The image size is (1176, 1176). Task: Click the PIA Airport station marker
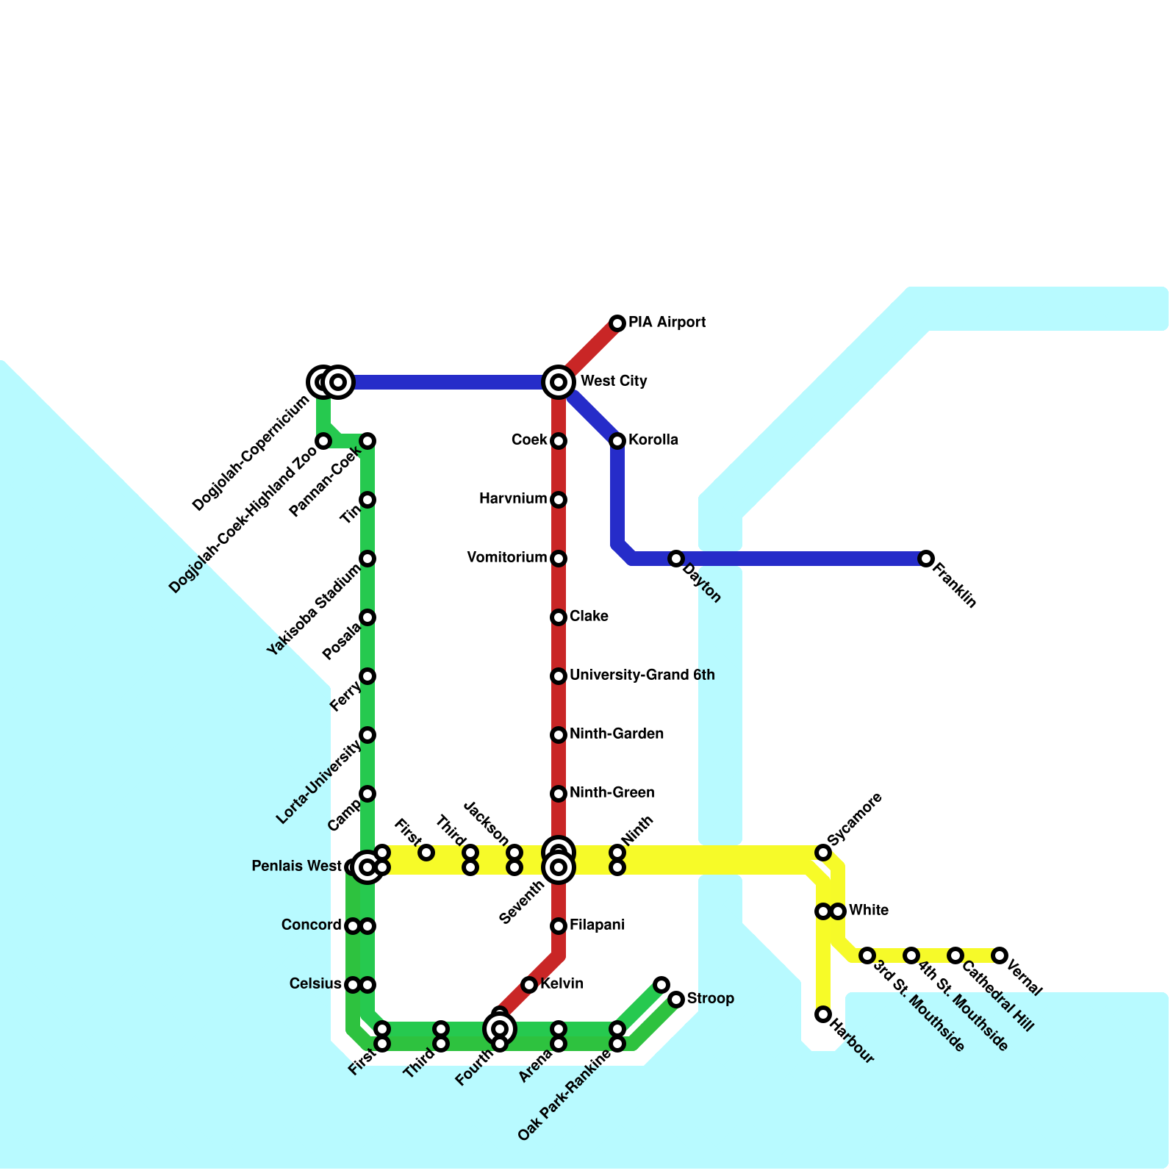click(617, 323)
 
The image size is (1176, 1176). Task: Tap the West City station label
click(613, 381)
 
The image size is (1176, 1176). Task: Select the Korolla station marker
click(617, 441)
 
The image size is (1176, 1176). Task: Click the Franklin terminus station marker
click(926, 559)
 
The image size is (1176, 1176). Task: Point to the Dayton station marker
click(676, 559)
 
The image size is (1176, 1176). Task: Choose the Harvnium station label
click(513, 500)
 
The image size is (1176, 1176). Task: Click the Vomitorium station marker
click(559, 559)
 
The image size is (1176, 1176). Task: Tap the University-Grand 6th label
click(642, 675)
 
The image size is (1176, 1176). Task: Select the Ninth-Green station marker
click(559, 794)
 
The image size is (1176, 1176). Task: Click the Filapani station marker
click(559, 926)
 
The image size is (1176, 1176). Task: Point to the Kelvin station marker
click(529, 985)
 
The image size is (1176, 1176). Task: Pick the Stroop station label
click(710, 999)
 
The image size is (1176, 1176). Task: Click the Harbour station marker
click(823, 1014)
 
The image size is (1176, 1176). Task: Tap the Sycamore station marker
click(823, 853)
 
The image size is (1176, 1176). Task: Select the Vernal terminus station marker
click(1000, 955)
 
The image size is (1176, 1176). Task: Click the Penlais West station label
click(296, 867)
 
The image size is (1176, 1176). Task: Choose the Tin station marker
click(367, 500)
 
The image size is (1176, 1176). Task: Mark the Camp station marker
click(367, 794)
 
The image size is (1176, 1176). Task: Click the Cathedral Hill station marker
click(955, 955)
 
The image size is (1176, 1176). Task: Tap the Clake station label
click(589, 617)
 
